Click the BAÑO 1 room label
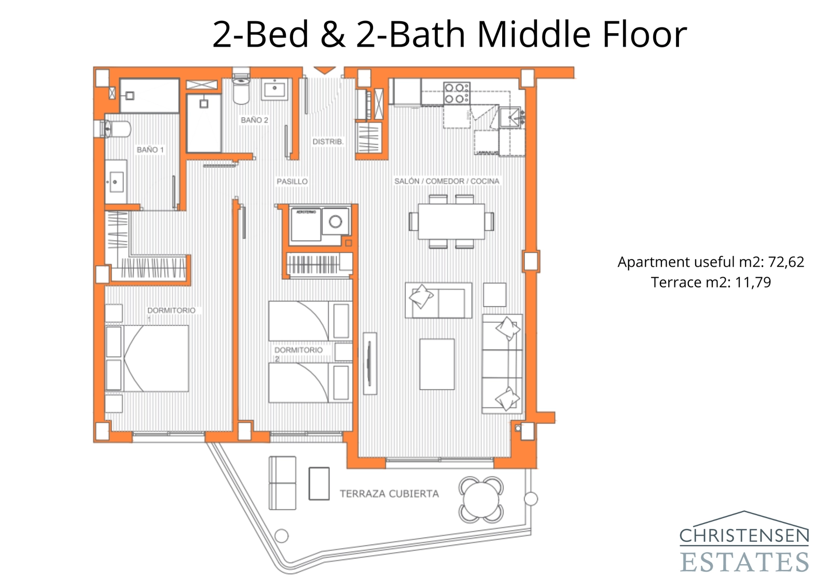150,149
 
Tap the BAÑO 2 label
254,120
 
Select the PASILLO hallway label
292,181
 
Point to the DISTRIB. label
327,141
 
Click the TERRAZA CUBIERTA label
389,494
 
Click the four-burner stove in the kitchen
455,93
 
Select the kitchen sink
510,118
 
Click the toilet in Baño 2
241,88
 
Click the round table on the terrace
481,500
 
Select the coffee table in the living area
437,364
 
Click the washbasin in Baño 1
115,182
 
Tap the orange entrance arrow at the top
325,70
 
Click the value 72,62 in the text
786,262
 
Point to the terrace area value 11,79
753,282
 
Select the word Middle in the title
534,34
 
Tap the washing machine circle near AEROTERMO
335,222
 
